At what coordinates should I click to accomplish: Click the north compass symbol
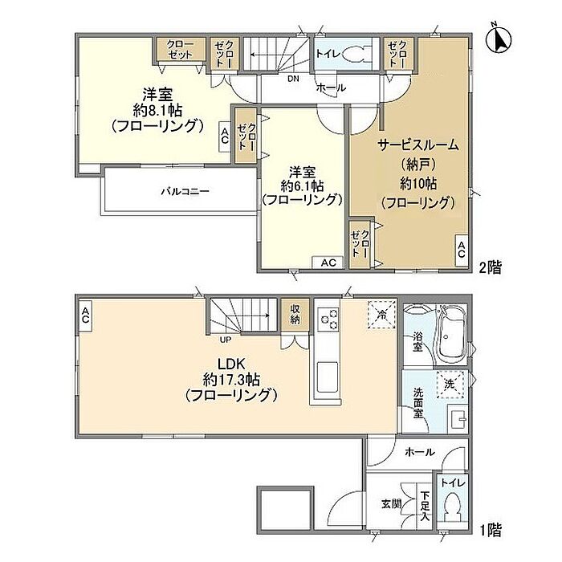[x=499, y=38]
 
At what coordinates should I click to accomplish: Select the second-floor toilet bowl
[x=354, y=55]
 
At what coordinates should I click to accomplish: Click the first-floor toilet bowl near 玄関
[x=454, y=505]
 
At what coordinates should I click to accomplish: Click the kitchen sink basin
[x=328, y=377]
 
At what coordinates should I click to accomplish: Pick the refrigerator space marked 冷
[x=381, y=315]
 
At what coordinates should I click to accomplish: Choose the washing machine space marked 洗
[x=451, y=385]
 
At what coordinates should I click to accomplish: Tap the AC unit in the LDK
[x=85, y=316]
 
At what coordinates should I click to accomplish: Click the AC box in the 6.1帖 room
[x=328, y=263]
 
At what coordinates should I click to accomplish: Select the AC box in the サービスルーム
[x=462, y=250]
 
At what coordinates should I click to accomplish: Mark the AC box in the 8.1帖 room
[x=225, y=136]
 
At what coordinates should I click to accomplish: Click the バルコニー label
[x=185, y=191]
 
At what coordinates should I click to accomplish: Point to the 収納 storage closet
[x=295, y=314]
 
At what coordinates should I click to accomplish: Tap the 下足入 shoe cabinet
[x=425, y=506]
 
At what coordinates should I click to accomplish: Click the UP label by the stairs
[x=225, y=340]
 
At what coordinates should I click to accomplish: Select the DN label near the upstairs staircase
[x=293, y=79]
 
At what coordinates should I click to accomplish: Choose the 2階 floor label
[x=491, y=267]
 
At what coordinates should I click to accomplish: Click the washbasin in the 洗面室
[x=458, y=418]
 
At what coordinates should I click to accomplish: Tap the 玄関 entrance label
[x=391, y=504]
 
